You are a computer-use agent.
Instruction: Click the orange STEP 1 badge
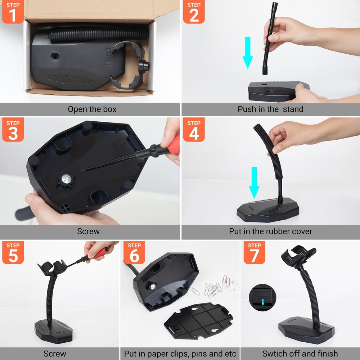(x=13, y=12)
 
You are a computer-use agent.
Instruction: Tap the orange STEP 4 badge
(x=194, y=129)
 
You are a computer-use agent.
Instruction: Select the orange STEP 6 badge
(x=134, y=252)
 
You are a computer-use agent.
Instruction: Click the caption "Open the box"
(x=92, y=109)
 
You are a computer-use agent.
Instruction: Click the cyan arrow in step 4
(x=255, y=182)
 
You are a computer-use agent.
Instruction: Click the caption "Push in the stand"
(x=270, y=109)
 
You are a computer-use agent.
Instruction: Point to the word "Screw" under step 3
(x=88, y=231)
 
